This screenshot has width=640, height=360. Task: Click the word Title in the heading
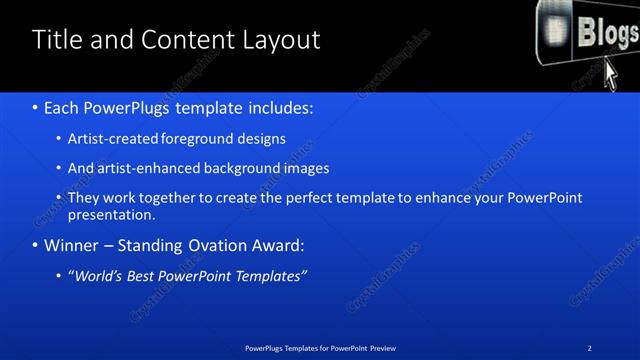57,40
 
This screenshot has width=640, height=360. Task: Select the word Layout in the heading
280,40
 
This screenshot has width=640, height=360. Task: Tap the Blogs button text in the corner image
606,32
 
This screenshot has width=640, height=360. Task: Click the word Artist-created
109,138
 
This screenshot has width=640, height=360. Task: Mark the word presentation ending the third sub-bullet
111,214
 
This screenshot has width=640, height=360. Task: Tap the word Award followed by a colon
278,245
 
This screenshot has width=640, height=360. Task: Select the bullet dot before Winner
36,245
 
